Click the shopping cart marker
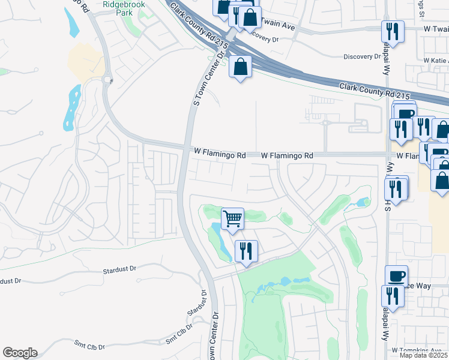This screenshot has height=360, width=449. pyautogui.click(x=232, y=218)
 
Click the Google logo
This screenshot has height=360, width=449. pyautogui.click(x=20, y=353)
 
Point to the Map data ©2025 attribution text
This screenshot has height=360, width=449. pyautogui.click(x=423, y=355)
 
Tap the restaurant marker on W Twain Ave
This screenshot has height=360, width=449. pyautogui.click(x=393, y=31)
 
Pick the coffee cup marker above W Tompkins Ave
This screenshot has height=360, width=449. pyautogui.click(x=396, y=276)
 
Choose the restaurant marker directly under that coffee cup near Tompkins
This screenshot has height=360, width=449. pyautogui.click(x=393, y=296)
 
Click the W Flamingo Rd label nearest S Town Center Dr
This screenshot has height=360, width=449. pyautogui.click(x=220, y=155)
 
